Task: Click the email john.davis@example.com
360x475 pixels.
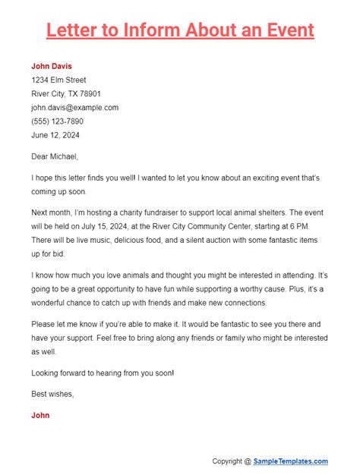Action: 74,108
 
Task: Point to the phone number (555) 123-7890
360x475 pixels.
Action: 57,121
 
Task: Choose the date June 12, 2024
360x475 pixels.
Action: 55,135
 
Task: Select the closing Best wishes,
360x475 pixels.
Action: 52,393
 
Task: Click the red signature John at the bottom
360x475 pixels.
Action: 41,416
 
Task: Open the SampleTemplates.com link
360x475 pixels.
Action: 292,461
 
